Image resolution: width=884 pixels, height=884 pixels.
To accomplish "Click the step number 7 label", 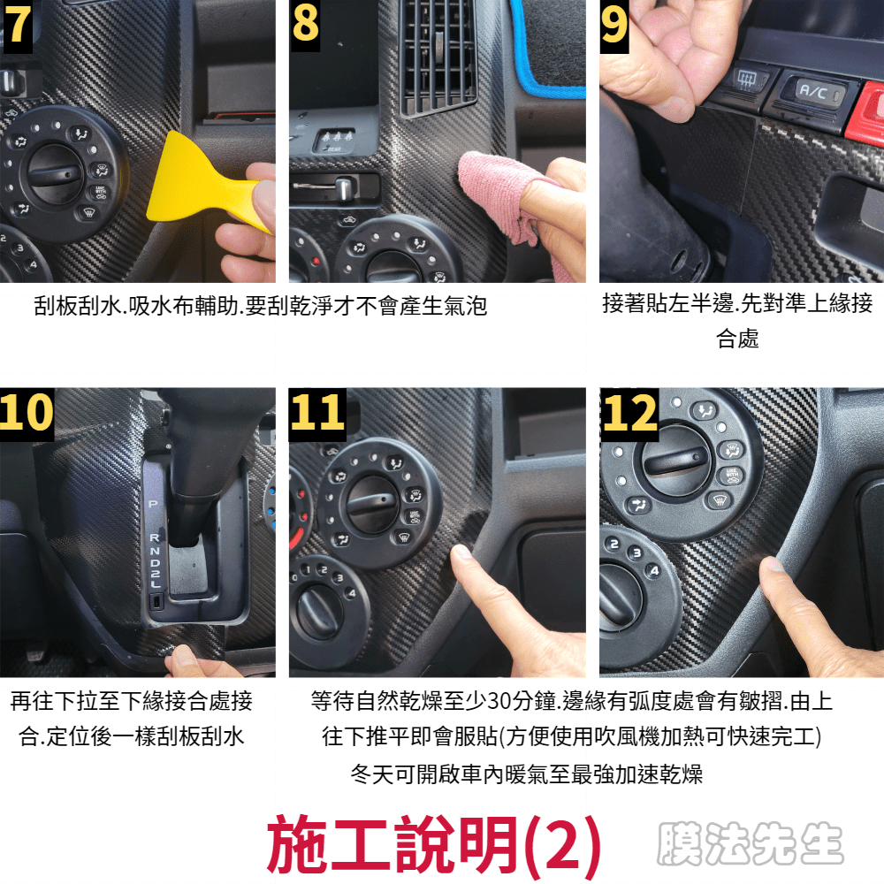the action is [17, 26].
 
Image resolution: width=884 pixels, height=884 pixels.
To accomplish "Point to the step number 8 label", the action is [305, 25].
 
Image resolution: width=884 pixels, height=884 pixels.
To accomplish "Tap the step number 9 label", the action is [614, 26].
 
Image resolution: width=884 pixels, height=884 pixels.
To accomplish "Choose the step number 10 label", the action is [27, 413].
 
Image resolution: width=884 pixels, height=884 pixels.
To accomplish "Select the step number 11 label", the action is [317, 413].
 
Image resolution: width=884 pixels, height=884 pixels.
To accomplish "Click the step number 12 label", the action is [629, 413].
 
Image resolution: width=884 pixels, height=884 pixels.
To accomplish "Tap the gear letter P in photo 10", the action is [153, 504].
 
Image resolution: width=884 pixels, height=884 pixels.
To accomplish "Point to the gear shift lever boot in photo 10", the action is [200, 462].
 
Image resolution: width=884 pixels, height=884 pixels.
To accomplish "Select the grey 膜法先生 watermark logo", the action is [750, 843].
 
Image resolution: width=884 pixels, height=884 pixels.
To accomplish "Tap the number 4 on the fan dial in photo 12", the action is [654, 570].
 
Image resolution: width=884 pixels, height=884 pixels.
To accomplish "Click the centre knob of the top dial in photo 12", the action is [674, 461].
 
